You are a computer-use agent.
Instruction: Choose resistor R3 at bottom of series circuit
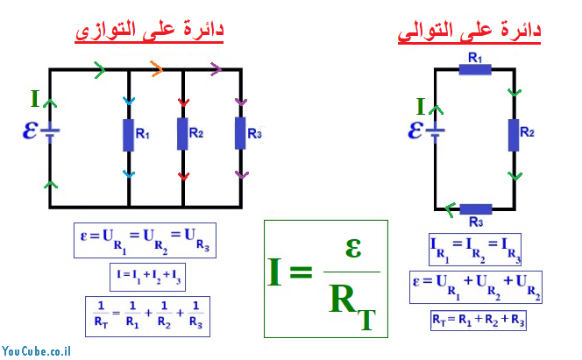point(475,209)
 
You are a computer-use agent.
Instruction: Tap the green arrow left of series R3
point(449,208)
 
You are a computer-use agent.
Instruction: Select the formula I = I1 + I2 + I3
point(145,277)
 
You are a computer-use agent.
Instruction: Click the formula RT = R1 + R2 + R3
point(478,320)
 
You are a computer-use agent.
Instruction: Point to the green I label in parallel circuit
point(34,98)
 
